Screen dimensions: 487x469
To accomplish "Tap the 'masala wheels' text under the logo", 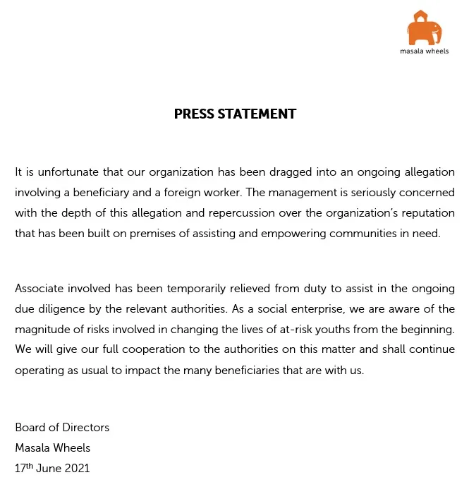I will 424,52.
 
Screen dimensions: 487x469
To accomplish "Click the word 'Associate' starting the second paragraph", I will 39,289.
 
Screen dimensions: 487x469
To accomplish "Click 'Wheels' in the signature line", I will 71,447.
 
